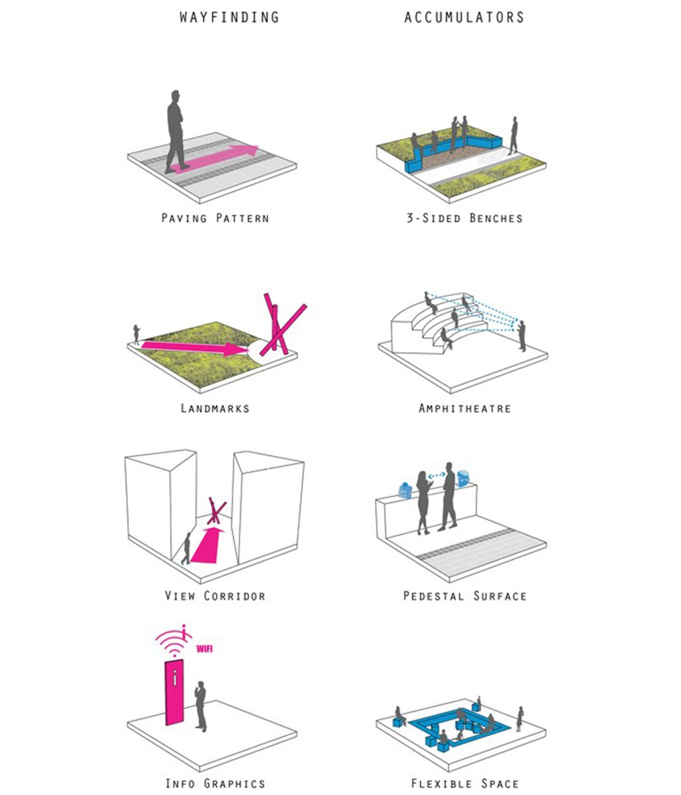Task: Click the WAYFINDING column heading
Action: click(229, 17)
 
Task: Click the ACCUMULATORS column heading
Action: click(464, 17)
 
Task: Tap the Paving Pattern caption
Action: click(215, 218)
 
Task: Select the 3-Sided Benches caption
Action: click(464, 218)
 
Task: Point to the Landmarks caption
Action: click(215, 408)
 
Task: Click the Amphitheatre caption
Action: click(464, 408)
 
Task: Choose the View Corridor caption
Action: click(215, 596)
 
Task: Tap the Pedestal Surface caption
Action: click(464, 596)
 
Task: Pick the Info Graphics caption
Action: click(215, 784)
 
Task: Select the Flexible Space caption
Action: click(464, 784)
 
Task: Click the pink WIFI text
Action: click(204, 649)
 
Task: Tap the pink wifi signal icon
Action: click(174, 641)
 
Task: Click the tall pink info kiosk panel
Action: click(174, 692)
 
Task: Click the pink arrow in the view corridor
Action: click(207, 545)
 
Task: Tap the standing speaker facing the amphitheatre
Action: click(521, 336)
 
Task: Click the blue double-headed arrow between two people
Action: click(436, 476)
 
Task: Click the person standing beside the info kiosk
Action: click(200, 706)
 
